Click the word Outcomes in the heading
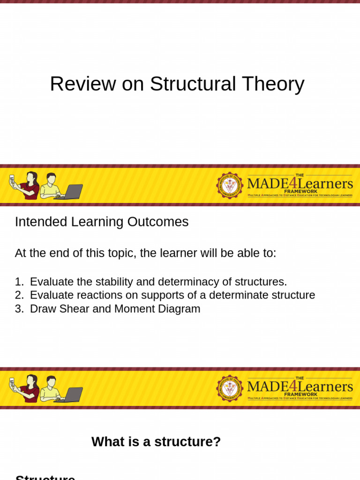161,222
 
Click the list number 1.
19,282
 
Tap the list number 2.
19,295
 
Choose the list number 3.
19,309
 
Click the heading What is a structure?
156,442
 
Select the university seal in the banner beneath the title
230,185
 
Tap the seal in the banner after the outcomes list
230,388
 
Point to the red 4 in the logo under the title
292,183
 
